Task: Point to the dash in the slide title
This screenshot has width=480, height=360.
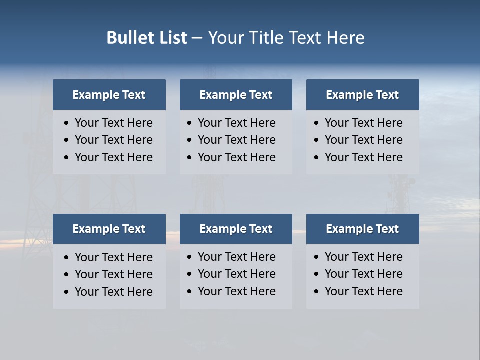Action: click(197, 38)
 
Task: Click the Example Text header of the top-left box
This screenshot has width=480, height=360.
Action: click(109, 95)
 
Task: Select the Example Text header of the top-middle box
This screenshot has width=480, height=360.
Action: click(236, 95)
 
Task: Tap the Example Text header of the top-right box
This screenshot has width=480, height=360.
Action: click(362, 95)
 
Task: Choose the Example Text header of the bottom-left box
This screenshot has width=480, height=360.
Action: click(109, 229)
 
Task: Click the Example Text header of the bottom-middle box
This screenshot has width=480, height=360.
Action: click(236, 229)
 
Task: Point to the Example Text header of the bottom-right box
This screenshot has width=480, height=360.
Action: click(362, 229)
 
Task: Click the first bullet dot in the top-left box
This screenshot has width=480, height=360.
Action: click(67, 123)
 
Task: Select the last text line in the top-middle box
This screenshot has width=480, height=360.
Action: click(236, 157)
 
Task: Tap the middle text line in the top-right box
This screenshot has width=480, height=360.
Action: click(363, 140)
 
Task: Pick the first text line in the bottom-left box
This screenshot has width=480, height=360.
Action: click(113, 257)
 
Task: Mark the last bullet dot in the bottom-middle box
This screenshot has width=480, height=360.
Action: click(189, 292)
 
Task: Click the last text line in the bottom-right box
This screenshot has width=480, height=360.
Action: click(363, 291)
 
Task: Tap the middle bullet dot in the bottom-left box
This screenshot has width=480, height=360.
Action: click(67, 275)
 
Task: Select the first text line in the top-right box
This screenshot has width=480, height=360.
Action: click(363, 123)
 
